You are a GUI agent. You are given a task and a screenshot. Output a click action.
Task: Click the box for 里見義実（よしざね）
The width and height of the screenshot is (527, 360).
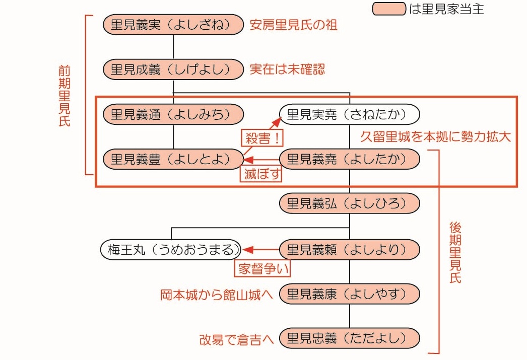point(173,25)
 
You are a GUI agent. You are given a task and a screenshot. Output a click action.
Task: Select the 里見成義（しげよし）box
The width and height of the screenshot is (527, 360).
point(173,69)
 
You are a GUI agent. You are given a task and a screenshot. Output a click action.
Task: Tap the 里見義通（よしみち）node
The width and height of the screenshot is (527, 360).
point(173,114)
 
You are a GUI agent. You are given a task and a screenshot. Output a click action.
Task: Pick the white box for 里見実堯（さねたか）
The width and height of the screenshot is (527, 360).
point(350,114)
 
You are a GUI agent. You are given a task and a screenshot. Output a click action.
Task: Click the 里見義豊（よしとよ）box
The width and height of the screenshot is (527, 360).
point(173,159)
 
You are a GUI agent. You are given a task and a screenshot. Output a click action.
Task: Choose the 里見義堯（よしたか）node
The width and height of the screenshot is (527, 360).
point(350,159)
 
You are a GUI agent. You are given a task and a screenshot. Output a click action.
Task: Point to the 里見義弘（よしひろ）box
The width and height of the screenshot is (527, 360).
point(350,203)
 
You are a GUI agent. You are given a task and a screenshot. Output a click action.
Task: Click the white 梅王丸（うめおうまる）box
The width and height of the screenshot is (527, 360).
point(171,250)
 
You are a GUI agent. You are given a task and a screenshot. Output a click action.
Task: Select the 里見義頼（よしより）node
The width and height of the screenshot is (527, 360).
point(350,250)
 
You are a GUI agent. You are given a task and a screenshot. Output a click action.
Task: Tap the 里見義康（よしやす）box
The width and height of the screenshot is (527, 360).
point(350,294)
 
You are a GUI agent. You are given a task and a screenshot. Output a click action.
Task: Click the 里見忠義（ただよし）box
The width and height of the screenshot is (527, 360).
point(350,338)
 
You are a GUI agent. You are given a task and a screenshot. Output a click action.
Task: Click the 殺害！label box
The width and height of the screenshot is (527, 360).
point(262,138)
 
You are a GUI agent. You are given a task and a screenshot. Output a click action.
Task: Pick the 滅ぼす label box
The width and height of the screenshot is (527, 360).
point(261,174)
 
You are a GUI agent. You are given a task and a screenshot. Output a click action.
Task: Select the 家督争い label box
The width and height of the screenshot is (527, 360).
point(262,268)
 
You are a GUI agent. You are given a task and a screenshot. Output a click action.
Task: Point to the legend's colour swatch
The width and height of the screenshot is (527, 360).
point(389,9)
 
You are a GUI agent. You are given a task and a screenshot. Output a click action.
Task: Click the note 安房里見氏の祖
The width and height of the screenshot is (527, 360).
point(293,25)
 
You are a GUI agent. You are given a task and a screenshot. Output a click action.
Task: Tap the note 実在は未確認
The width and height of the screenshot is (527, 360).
point(287,69)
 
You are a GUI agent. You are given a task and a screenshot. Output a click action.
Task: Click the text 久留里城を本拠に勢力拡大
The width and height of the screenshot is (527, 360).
point(436,136)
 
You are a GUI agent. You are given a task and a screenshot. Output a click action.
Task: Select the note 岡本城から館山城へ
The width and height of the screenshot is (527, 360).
point(217,295)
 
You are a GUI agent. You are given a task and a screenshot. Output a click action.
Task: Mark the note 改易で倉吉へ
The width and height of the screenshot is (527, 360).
point(236,339)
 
